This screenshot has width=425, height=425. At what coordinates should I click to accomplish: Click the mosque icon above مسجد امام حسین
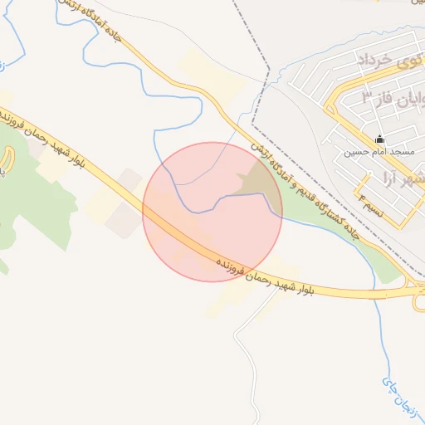click(x=380, y=139)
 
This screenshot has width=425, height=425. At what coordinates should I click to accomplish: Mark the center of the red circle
click(x=212, y=212)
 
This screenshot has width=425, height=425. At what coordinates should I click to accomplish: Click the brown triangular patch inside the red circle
click(x=254, y=183)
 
